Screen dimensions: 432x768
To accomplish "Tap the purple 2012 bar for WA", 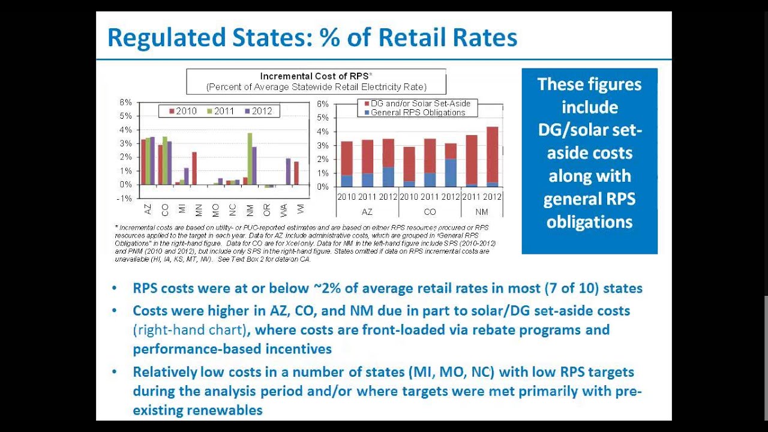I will click(x=288, y=171).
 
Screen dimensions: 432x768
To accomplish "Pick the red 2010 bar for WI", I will click(x=296, y=173).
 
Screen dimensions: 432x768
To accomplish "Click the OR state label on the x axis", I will click(x=267, y=210).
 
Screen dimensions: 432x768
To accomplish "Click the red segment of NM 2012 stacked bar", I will click(x=492, y=154).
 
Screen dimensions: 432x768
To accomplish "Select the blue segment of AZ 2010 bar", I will click(x=347, y=181).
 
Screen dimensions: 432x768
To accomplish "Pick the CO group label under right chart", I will click(x=430, y=212).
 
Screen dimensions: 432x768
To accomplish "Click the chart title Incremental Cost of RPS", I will click(x=316, y=76).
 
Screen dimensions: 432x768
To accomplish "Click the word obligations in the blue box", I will click(x=589, y=222).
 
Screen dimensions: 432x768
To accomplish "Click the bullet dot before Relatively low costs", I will click(x=115, y=372).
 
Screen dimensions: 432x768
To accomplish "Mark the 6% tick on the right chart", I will click(x=322, y=104).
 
